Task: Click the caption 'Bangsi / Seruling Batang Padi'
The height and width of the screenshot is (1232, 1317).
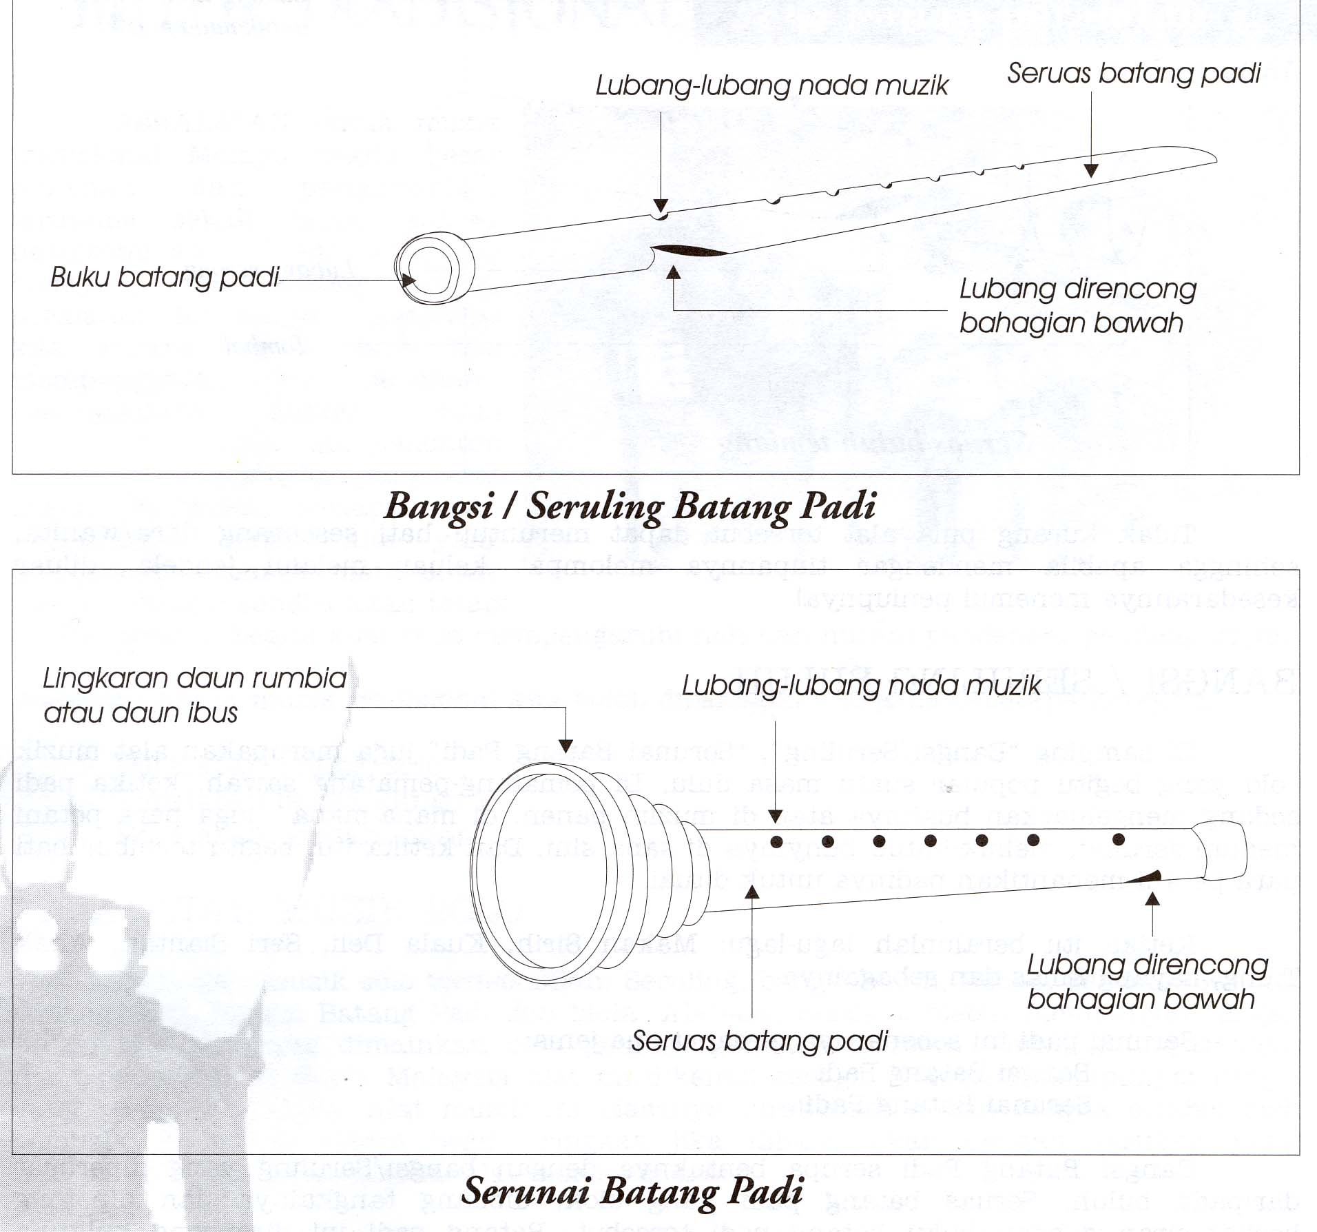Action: click(630, 506)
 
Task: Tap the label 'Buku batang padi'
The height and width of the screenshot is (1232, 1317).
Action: click(165, 277)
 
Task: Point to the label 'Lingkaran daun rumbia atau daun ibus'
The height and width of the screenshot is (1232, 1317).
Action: click(194, 695)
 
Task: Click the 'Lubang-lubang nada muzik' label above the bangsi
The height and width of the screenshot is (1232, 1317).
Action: click(771, 85)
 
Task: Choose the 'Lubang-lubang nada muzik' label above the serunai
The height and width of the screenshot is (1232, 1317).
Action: click(861, 686)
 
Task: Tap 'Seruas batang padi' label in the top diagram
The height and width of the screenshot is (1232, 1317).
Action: click(1133, 73)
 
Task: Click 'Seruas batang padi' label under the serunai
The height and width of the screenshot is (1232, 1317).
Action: click(759, 1041)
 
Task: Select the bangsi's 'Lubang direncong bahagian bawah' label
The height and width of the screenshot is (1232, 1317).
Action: click(1077, 306)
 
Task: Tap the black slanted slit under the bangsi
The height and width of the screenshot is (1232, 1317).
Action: click(689, 251)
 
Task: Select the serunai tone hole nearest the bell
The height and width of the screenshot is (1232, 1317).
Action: click(776, 841)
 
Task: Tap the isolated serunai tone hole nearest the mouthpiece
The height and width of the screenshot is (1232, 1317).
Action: click(1119, 839)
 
